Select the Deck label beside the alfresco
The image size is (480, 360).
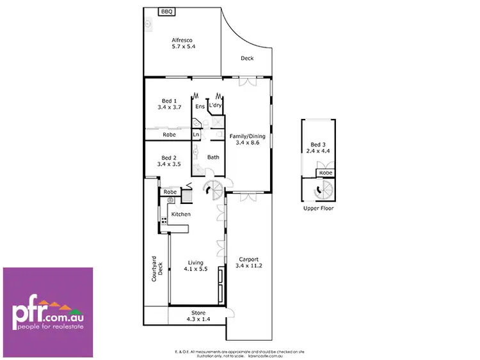click(x=247, y=58)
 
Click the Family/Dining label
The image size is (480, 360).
click(x=247, y=140)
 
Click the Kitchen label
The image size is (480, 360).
click(x=180, y=214)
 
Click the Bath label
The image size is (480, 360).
click(x=213, y=157)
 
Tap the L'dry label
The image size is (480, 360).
click(x=215, y=107)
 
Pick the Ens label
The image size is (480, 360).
click(x=200, y=107)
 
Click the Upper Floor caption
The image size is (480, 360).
click(x=318, y=208)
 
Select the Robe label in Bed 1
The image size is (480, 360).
click(x=169, y=135)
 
